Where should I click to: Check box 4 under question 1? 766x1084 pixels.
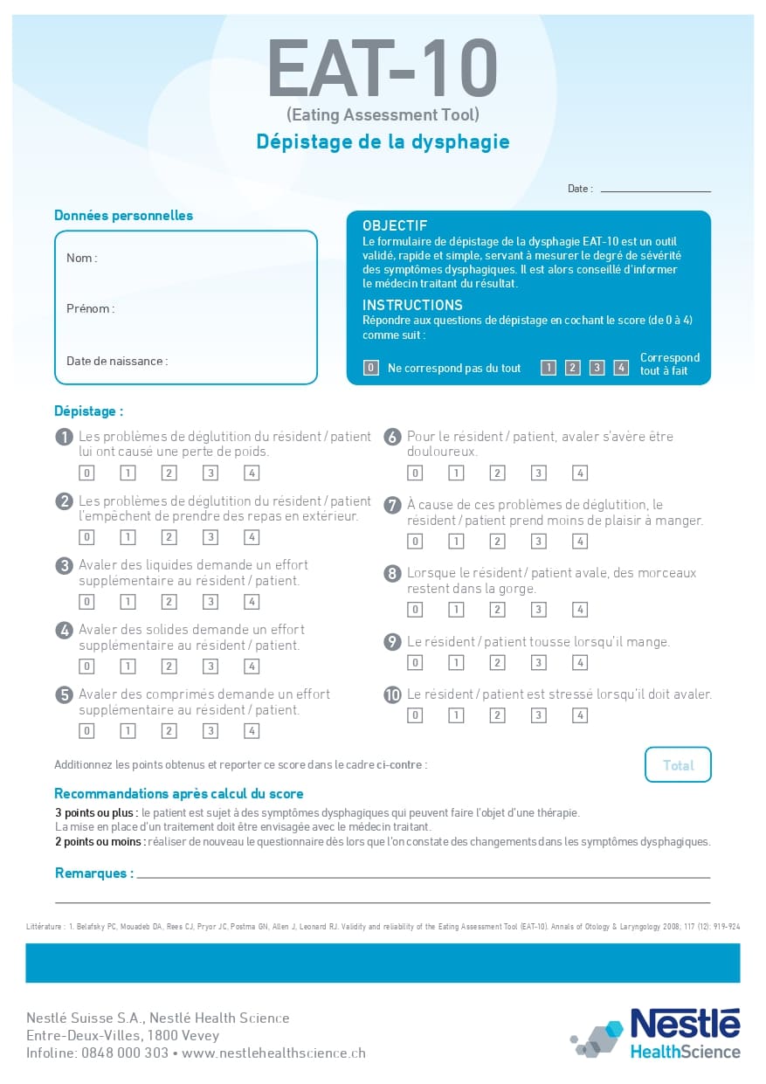pos(252,473)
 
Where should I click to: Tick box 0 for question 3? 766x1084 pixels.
pos(86,602)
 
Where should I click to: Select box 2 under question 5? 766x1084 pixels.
pos(169,731)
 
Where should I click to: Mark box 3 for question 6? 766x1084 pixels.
pos(539,473)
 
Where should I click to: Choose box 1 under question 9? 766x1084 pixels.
pos(456,663)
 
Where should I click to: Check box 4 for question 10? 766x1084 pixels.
pos(580,715)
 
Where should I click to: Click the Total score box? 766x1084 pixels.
pos(678,765)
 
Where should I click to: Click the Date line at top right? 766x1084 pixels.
pos(655,189)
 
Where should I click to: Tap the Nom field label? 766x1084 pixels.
pos(81,259)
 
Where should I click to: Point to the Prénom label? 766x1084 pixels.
pos(90,309)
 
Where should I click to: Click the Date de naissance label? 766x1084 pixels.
pos(117,362)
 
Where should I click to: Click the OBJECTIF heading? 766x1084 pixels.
pos(395,226)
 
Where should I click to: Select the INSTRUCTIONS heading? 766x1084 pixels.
pos(412,306)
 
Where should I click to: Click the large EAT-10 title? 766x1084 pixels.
pos(383,70)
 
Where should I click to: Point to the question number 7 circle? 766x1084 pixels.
pos(392,505)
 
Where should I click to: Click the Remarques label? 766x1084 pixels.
pos(94,873)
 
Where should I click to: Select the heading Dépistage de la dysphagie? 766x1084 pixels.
pos(383,142)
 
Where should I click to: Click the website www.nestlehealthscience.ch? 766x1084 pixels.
pos(273,1053)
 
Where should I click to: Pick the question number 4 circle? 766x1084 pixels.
pos(64,630)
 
